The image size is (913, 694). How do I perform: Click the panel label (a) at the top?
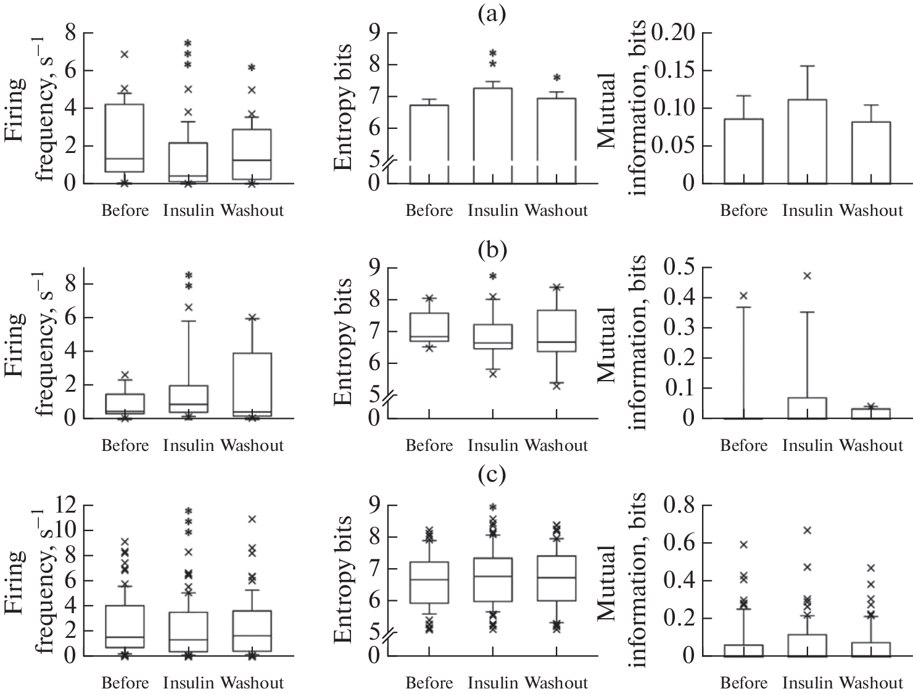click(x=492, y=14)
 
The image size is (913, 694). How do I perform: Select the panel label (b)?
click(x=492, y=249)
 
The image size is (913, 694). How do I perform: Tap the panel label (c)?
click(x=492, y=474)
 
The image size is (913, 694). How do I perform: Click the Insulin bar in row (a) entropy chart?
click(x=492, y=136)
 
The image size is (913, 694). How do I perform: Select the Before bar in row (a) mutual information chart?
click(x=744, y=151)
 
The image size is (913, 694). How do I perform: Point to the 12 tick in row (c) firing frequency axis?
click(x=66, y=505)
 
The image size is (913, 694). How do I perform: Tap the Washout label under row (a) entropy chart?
click(x=556, y=211)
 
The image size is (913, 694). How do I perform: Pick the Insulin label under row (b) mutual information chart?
click(x=808, y=445)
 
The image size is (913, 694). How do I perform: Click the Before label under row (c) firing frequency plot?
click(x=125, y=683)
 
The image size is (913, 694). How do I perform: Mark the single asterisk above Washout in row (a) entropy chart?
click(x=556, y=78)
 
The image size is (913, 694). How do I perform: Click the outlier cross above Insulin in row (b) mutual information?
click(x=807, y=276)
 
